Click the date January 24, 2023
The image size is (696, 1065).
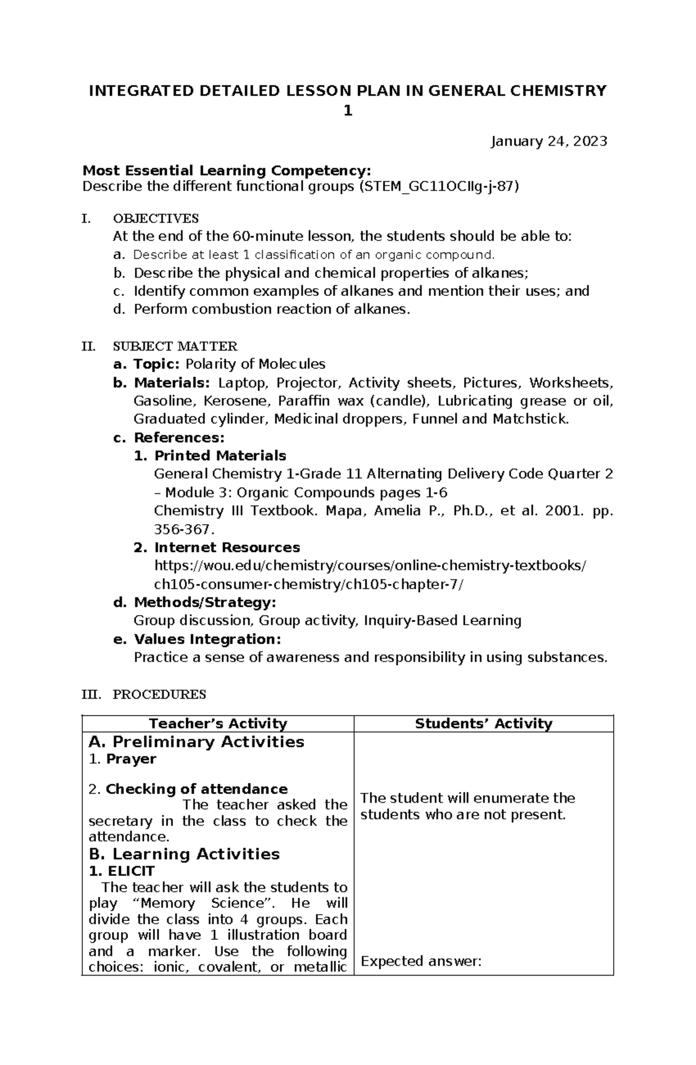[549, 141]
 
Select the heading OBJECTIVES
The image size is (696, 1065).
[155, 218]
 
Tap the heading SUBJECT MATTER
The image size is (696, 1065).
[175, 346]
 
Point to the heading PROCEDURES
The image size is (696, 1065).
[159, 694]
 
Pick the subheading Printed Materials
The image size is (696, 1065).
[220, 456]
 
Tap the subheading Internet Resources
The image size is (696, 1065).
[227, 547]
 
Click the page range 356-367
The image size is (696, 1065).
[183, 529]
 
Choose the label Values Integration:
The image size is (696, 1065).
[207, 639]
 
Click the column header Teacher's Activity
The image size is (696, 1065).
[218, 723]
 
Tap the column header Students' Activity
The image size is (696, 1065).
[484, 723]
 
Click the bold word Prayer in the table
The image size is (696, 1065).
[131, 759]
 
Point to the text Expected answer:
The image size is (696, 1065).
[421, 961]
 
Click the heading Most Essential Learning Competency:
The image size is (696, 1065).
[226, 171]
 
